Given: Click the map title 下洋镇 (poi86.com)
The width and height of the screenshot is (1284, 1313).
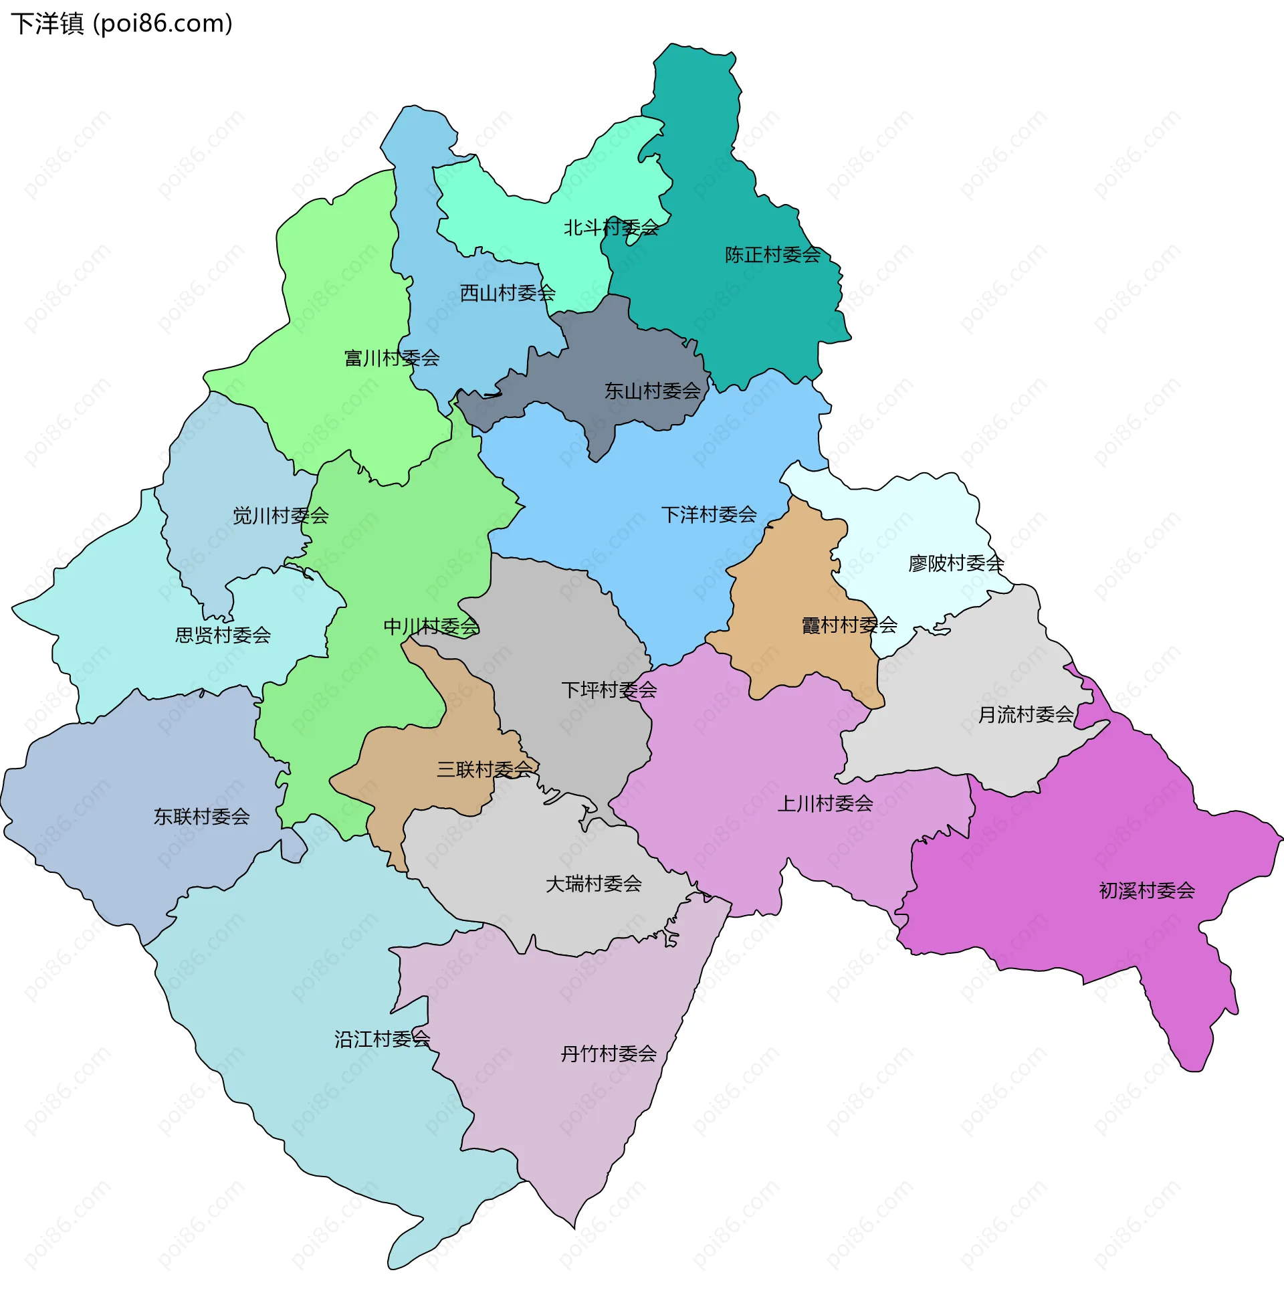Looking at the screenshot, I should (122, 23).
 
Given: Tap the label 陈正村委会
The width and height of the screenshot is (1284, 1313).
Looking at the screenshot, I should (773, 255).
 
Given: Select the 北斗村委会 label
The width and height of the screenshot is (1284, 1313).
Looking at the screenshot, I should (611, 228).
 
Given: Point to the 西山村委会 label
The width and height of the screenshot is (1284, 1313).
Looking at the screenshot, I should (507, 293).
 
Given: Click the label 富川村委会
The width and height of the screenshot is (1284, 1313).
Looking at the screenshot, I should (392, 358).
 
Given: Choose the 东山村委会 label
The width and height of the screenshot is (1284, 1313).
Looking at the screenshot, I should (652, 391).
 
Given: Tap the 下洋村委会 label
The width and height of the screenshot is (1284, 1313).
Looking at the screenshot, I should (709, 515).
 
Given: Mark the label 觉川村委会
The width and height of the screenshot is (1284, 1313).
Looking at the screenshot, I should (280, 516).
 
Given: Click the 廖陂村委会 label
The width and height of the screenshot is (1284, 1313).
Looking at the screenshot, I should (956, 563).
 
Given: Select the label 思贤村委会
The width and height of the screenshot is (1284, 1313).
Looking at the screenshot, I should (223, 635).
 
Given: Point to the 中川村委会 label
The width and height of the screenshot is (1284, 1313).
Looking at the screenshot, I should (431, 627).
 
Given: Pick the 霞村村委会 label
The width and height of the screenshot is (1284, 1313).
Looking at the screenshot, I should (849, 625).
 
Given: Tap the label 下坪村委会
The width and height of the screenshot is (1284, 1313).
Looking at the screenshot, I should (609, 690).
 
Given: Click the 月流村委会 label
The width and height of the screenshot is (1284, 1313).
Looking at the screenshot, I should (1026, 715).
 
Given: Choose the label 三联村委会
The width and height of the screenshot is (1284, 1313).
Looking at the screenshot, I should (485, 769).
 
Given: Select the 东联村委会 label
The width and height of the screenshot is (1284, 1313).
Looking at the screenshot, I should (202, 817).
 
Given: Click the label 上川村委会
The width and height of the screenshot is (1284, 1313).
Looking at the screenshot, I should (825, 803).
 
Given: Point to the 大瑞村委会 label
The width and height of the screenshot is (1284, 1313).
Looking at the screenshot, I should (593, 884).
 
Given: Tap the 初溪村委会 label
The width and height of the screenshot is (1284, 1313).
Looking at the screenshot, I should (1146, 891).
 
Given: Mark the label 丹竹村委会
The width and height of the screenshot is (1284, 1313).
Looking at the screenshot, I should (609, 1054).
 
